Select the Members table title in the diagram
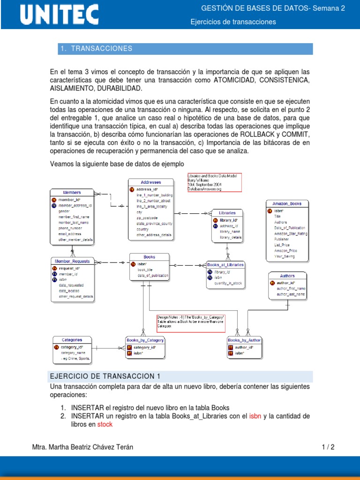[72, 192]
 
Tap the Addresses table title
[150, 182]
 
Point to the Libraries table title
[227, 213]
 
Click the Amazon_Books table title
[290, 203]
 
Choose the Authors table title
[287, 276]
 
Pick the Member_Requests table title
[72, 261]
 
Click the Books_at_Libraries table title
[225, 265]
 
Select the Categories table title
[72, 340]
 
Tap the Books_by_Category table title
[145, 340]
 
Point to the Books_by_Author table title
[244, 340]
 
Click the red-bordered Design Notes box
[191, 322]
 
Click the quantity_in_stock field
[229, 283]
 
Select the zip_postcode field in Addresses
[147, 218]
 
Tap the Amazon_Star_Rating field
[291, 233]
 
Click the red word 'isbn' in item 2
[255, 416]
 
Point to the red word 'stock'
[105, 424]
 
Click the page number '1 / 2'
[328, 447]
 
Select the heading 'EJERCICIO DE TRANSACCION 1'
[105, 376]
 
